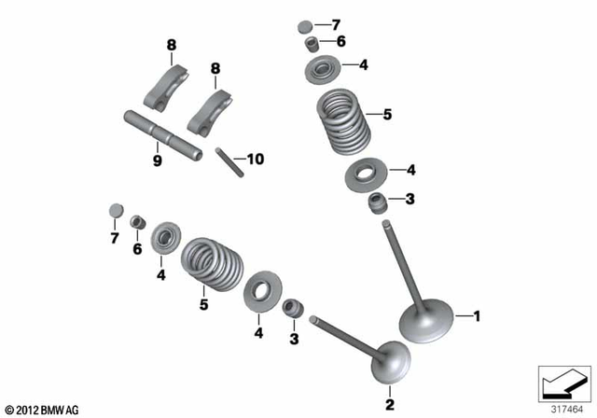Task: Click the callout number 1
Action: [478, 317]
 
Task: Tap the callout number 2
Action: [389, 404]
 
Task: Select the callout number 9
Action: [157, 160]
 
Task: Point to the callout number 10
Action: [254, 160]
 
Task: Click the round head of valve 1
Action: [427, 323]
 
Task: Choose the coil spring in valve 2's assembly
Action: [212, 264]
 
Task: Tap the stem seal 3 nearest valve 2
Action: [293, 307]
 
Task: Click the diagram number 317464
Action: [562, 408]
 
